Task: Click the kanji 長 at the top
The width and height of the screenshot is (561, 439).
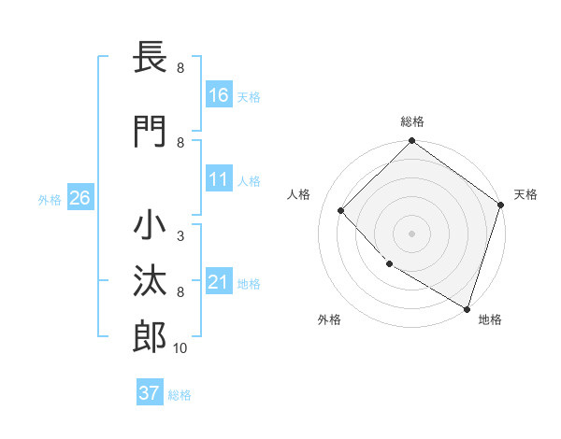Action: pyautogui.click(x=151, y=58)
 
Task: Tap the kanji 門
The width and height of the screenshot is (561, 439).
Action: pyautogui.click(x=151, y=131)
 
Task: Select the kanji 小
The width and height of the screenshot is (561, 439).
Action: pyautogui.click(x=151, y=228)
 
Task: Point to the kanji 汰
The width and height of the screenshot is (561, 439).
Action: pyautogui.click(x=151, y=281)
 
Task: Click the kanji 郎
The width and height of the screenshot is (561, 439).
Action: pyautogui.click(x=151, y=337)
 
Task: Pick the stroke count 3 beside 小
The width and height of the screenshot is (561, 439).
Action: pyautogui.click(x=180, y=236)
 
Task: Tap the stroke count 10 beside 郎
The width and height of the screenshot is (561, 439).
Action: pyautogui.click(x=181, y=348)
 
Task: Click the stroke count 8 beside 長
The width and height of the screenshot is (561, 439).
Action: pyautogui.click(x=180, y=68)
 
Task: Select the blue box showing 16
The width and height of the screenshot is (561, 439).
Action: pyautogui.click(x=219, y=94)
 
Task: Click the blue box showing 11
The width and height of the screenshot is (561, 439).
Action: pyautogui.click(x=219, y=179)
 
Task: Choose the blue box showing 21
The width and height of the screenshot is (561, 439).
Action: pyautogui.click(x=219, y=282)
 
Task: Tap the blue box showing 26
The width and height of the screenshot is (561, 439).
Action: pyautogui.click(x=79, y=198)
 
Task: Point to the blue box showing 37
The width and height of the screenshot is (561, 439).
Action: pyautogui.click(x=150, y=393)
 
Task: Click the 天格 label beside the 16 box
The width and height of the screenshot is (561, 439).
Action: pyautogui.click(x=249, y=96)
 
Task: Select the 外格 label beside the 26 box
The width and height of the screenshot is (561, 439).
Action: pyautogui.click(x=50, y=199)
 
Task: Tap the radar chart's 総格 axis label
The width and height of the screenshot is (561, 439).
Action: pyautogui.click(x=411, y=121)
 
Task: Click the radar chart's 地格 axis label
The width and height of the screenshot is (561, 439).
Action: pyautogui.click(x=490, y=319)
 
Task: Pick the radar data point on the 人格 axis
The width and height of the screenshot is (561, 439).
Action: pyautogui.click(x=341, y=211)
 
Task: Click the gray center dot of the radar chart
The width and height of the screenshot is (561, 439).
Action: pyautogui.click(x=411, y=233)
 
